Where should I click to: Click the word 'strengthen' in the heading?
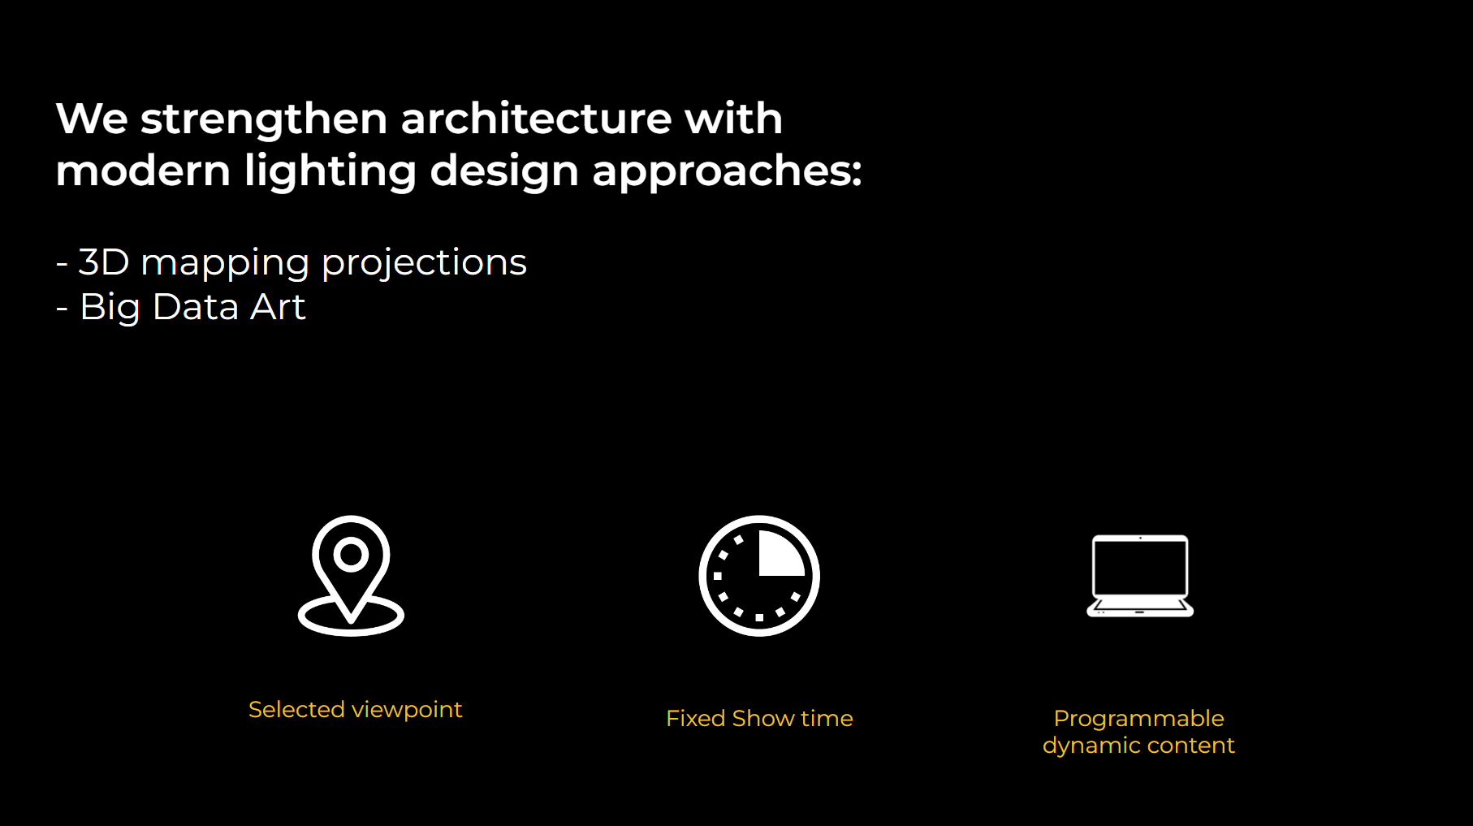coord(264,121)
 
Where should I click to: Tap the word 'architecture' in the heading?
coord(536,119)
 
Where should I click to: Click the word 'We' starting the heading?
coord(92,119)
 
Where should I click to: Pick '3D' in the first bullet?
coord(104,262)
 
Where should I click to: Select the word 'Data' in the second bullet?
coord(196,307)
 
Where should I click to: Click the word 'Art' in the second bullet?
coord(279,307)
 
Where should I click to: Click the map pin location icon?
coord(352,576)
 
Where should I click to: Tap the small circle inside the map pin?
coord(351,554)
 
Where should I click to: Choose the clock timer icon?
coord(759,576)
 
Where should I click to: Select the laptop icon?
coord(1140,576)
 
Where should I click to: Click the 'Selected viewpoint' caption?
coord(355,710)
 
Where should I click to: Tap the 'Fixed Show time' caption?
coord(759,719)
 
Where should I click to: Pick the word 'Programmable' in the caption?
coord(1138,719)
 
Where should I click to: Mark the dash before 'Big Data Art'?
coord(62,309)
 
